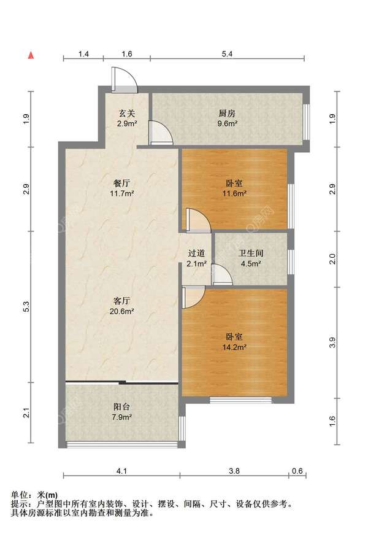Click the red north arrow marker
pyautogui.click(x=31, y=55)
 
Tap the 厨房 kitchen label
pyautogui.click(x=227, y=113)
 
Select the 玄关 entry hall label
pyautogui.click(x=127, y=113)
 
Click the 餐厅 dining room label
pyautogui.click(x=122, y=184)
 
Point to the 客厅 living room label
pyautogui.click(x=121, y=301)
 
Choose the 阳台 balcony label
pyautogui.click(x=121, y=406)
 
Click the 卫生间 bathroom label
pyautogui.click(x=251, y=253)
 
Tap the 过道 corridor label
pyautogui.click(x=197, y=253)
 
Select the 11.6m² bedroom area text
pyautogui.click(x=234, y=193)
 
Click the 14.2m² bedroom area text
pyautogui.click(x=234, y=347)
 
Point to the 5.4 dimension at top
pyautogui.click(x=227, y=54)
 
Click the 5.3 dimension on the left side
pyautogui.click(x=26, y=307)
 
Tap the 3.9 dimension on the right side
pyautogui.click(x=332, y=342)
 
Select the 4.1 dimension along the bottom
pyautogui.click(x=121, y=471)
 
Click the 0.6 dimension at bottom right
pyautogui.click(x=297, y=471)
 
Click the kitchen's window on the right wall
pyautogui.click(x=307, y=122)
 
